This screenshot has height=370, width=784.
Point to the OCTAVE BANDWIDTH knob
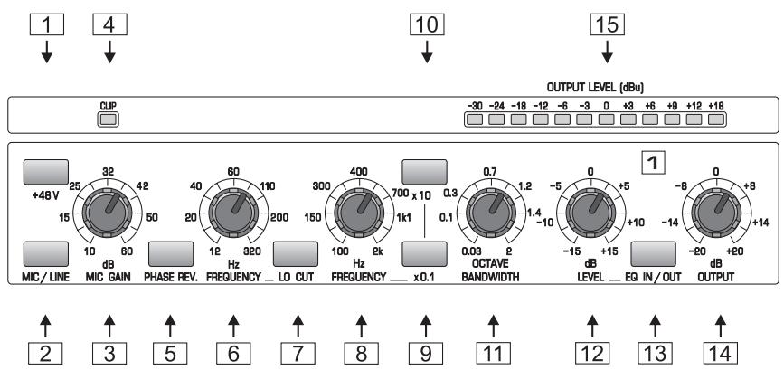pos(492,213)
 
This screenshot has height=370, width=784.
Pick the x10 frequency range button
pos(425,171)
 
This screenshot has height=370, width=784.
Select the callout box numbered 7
pos(296,348)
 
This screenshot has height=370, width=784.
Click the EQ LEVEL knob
pos(591,213)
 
